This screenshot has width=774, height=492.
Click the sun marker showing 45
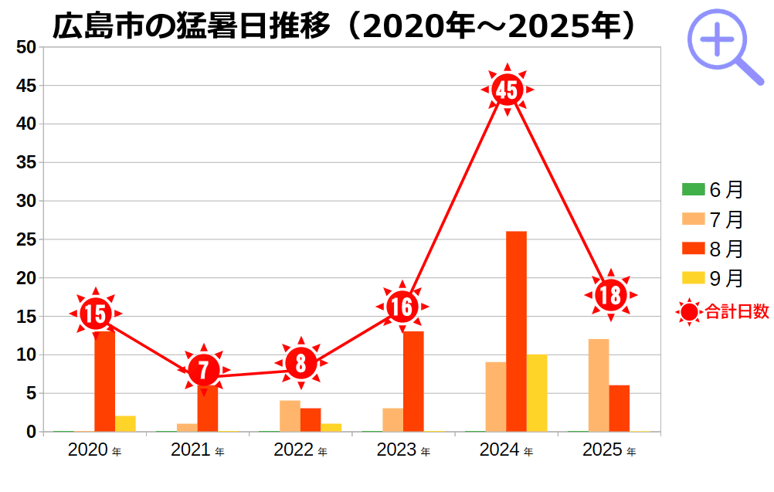(507, 90)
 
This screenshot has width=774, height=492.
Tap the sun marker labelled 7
(203, 370)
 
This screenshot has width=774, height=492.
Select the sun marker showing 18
(610, 295)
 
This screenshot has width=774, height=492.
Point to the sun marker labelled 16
(402, 307)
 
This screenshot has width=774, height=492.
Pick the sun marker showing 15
(95, 314)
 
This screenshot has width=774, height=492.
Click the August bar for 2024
(516, 331)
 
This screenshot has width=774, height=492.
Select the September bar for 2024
(537, 393)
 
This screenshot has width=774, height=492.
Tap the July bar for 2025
(599, 385)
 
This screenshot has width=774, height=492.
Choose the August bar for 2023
(413, 382)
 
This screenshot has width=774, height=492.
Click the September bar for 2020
(125, 424)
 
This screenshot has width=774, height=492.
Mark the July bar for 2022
(290, 416)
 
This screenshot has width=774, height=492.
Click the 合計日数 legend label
(736, 312)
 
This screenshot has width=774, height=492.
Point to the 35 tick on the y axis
(26, 163)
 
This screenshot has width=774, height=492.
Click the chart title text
(345, 25)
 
